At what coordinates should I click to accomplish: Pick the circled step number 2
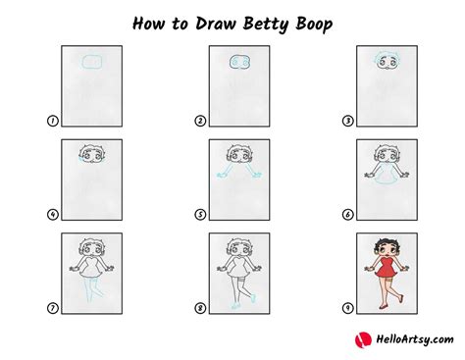tap(200, 122)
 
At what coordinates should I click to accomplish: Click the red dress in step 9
tap(384, 271)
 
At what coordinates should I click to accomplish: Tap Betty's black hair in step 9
tap(384, 241)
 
